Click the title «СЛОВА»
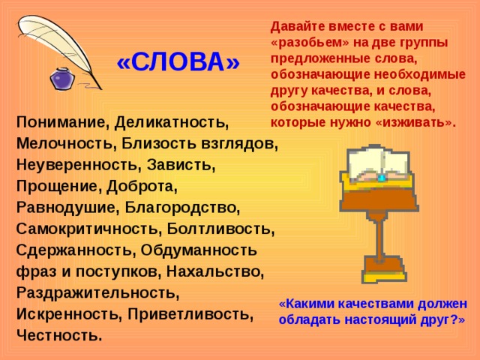pyautogui.click(x=178, y=63)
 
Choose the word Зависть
pyautogui.click(x=188, y=163)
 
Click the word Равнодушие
pyautogui.click(x=65, y=205)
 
